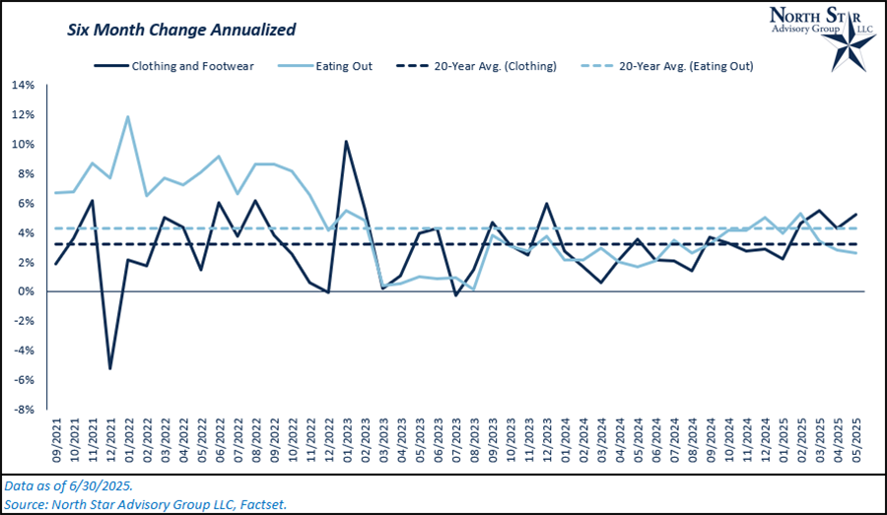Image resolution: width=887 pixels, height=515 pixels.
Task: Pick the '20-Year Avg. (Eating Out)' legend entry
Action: (x=681, y=66)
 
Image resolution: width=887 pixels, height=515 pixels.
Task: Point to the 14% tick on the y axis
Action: (x=23, y=85)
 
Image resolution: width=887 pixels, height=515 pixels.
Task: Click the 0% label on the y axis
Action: (x=26, y=291)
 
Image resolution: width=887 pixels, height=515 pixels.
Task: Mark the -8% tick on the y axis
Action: (x=24, y=410)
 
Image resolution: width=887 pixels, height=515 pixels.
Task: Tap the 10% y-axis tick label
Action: (x=23, y=144)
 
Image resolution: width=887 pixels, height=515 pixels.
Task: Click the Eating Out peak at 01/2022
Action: (x=128, y=116)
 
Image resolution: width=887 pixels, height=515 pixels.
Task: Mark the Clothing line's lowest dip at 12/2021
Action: (x=110, y=368)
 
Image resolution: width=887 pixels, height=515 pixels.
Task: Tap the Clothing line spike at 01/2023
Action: (x=345, y=141)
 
